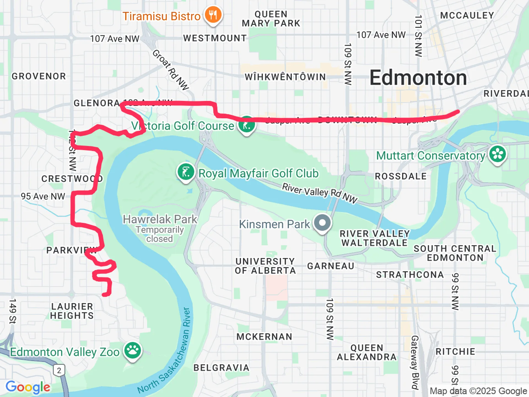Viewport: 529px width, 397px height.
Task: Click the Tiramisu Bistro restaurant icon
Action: (213, 15)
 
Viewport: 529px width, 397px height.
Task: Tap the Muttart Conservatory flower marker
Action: (497, 154)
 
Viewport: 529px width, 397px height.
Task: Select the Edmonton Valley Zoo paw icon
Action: (133, 351)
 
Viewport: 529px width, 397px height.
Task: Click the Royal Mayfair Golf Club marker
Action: (186, 172)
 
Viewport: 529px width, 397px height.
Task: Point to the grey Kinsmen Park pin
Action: (322, 222)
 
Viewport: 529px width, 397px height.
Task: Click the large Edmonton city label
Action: (418, 78)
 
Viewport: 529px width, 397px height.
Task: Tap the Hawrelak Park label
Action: (160, 219)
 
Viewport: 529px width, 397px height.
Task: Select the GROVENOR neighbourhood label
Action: (39, 76)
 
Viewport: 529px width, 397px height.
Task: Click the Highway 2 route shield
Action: (59, 370)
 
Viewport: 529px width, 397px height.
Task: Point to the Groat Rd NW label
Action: (171, 70)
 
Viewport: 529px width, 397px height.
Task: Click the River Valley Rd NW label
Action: (320, 193)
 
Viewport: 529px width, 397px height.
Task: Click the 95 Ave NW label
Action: (43, 196)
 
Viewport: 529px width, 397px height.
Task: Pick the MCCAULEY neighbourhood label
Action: (467, 15)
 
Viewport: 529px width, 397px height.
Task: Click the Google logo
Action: (28, 387)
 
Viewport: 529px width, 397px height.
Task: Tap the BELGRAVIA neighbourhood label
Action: (221, 368)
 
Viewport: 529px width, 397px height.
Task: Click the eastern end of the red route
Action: (458, 111)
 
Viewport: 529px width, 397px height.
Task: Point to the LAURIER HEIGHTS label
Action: (72, 311)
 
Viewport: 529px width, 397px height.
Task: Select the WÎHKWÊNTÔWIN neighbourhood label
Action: (285, 77)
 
